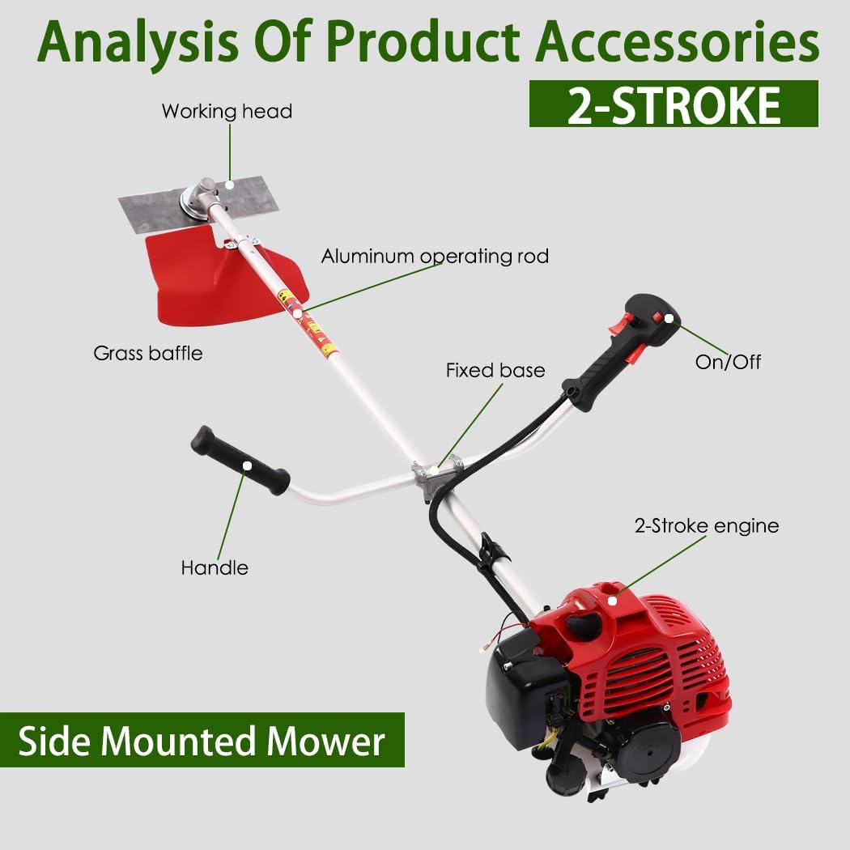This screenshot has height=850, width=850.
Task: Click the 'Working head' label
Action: pos(227,111)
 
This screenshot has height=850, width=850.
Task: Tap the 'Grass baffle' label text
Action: pos(148,353)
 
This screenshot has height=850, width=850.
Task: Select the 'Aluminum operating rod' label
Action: pos(435,257)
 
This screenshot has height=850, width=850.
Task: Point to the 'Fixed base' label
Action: pos(495,371)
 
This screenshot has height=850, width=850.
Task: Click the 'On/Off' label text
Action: pos(728,361)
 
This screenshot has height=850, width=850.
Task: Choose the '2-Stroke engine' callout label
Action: pos(706,526)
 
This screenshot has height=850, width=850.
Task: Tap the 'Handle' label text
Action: pos(215,567)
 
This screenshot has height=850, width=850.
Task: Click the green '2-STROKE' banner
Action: pos(674,104)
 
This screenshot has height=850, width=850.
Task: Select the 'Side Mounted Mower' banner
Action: pos(202,740)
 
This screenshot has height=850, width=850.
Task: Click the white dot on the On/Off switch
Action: pos(669,318)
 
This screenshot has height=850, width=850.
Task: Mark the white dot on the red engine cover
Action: pos(613,600)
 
